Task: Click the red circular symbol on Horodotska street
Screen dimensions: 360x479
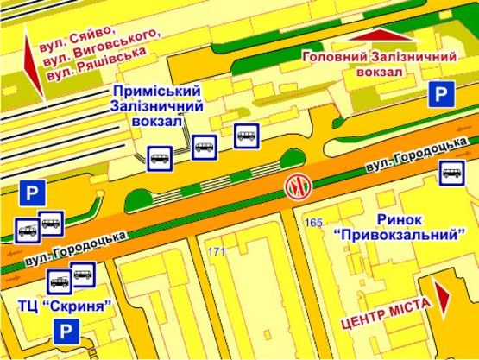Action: pos(297,186)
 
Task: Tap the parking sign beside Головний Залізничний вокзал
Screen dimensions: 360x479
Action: pos(441,95)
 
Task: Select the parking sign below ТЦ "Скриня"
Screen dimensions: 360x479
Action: pos(64,330)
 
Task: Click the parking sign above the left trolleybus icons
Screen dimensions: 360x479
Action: pos(32,193)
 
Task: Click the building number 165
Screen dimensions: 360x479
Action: pos(313,224)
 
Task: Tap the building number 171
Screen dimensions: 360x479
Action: pos(215,251)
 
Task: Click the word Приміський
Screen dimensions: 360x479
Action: pos(157,91)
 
